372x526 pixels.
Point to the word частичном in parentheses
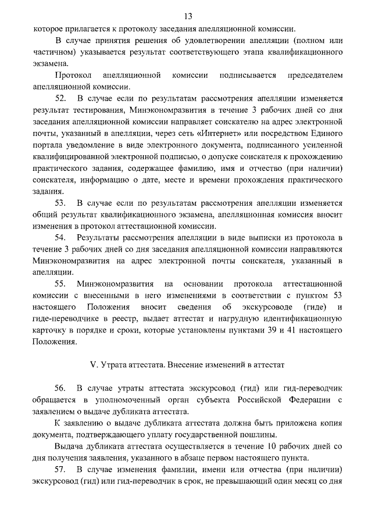coord(51,51)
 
